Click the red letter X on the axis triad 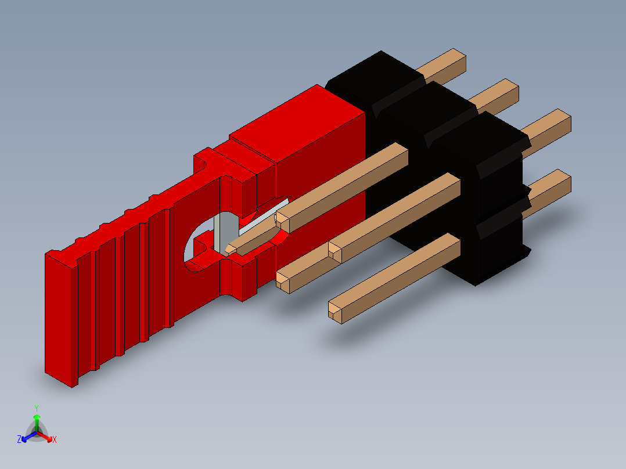[x=55, y=439]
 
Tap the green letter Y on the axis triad [x=36, y=408]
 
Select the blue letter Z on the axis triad [x=19, y=439]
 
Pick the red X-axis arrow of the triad [x=47, y=437]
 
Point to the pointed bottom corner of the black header [x=476, y=283]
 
